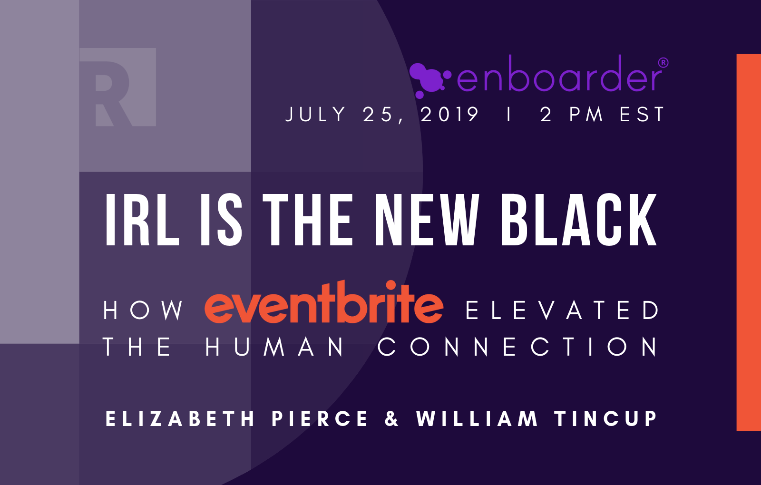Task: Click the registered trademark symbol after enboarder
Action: [x=663, y=62]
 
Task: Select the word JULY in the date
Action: [x=316, y=115]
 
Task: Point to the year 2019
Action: [x=449, y=115]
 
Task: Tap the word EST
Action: [x=642, y=115]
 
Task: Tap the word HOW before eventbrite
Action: [x=143, y=310]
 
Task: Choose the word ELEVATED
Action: [x=563, y=310]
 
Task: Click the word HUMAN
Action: [x=275, y=347]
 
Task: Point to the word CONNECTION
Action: [x=518, y=347]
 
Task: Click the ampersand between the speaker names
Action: [x=391, y=419]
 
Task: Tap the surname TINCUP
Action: [x=606, y=419]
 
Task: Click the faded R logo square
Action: [x=118, y=87]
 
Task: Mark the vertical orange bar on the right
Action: [x=749, y=242]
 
